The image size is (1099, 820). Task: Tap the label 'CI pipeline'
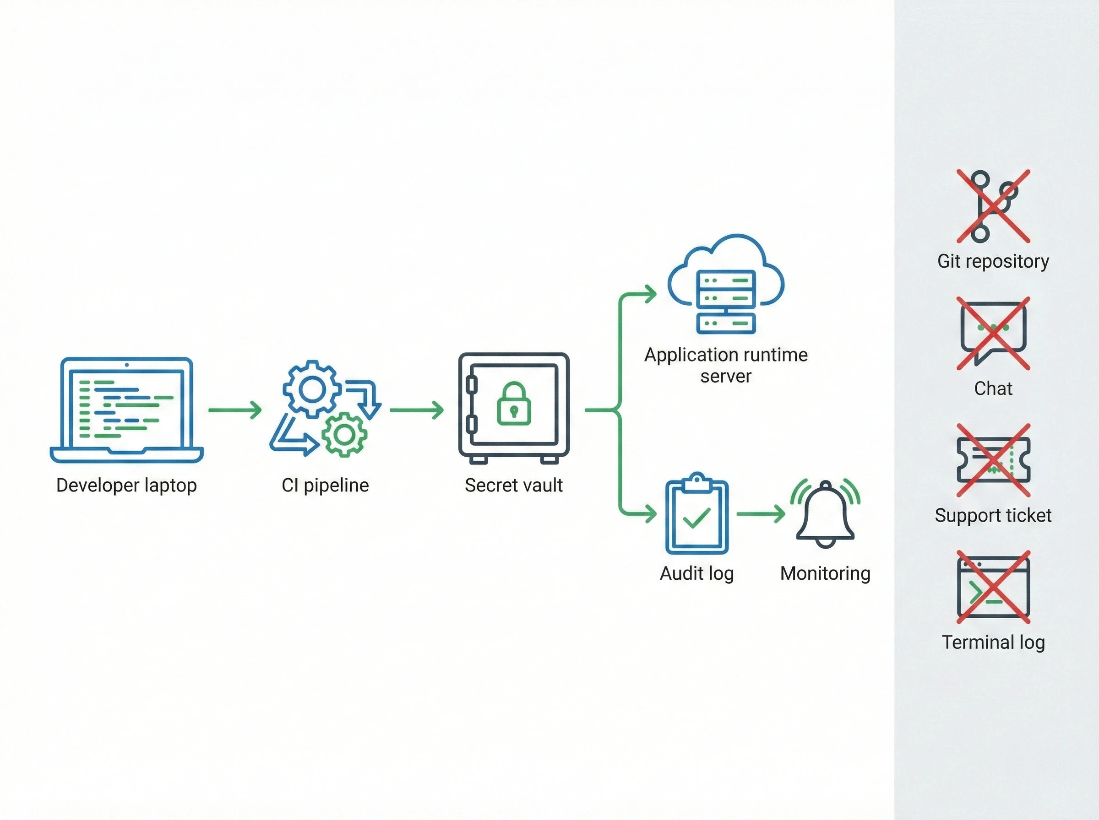point(325,486)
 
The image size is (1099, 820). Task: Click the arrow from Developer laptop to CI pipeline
point(235,410)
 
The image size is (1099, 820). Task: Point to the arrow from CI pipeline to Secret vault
point(417,410)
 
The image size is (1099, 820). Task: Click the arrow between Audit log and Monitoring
point(761,514)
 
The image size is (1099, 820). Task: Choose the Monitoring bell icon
point(825,514)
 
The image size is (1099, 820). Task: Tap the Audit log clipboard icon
point(697,513)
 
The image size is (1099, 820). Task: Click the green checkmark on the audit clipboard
point(697,518)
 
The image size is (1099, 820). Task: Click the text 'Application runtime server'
point(726,365)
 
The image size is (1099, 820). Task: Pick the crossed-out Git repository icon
point(993,206)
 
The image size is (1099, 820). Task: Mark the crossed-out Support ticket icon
point(993,460)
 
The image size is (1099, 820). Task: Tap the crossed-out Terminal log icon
point(993,587)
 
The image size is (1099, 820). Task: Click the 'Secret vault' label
point(514,486)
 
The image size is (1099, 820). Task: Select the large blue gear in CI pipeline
point(312,388)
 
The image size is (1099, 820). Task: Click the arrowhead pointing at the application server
point(650,294)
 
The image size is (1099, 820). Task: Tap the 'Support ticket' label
point(993,516)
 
